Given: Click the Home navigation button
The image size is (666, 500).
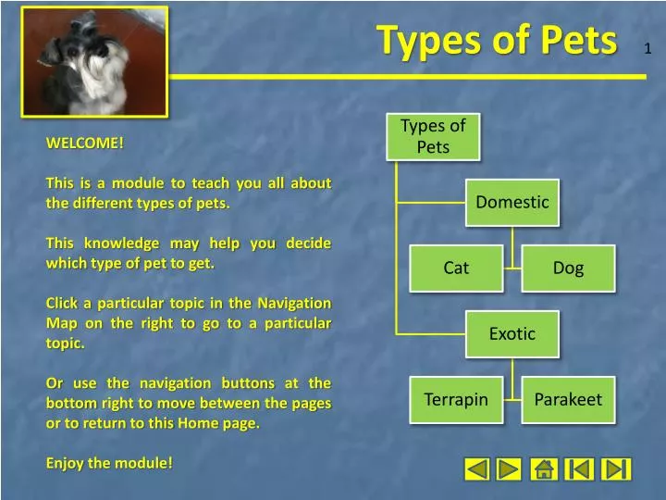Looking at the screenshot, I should point(544,469).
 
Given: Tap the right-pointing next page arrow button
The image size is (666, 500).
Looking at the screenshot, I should point(509,469).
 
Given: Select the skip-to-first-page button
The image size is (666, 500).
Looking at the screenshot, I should point(580,469).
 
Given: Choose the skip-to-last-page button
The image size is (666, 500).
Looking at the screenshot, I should point(616,469).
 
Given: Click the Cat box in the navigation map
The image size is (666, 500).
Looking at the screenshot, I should point(456,269).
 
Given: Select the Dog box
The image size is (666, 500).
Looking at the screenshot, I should point(568,269).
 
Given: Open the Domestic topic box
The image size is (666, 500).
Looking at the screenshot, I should point(512,202).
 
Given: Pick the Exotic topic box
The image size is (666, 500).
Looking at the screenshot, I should point(512,334).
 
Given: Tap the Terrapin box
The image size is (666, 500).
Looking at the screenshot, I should point(456,400).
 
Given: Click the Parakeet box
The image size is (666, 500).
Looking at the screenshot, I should point(568,400).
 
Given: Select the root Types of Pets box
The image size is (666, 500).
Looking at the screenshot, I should point(433,136).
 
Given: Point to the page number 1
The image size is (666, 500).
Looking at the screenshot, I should point(647,48).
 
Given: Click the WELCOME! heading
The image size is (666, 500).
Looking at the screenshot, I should point(85,144).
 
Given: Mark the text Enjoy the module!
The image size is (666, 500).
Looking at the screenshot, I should point(109,463).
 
